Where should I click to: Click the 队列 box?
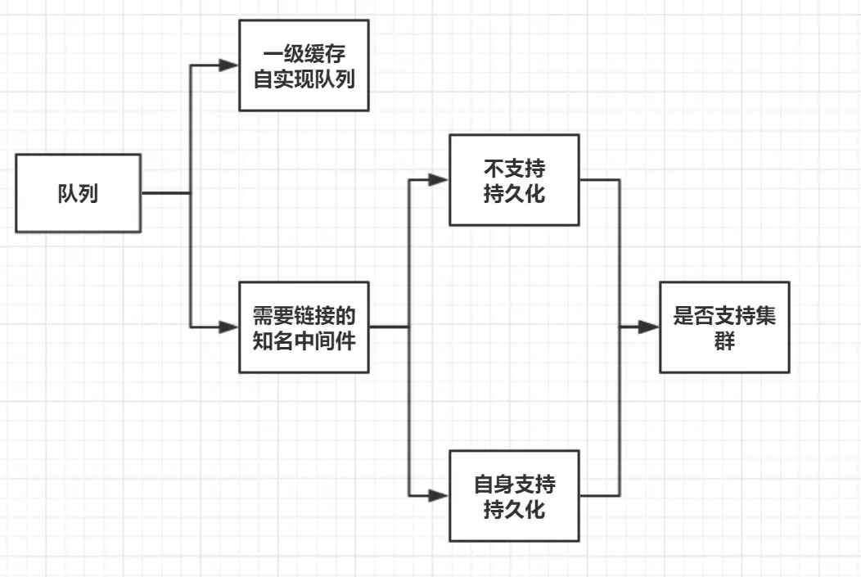(78, 193)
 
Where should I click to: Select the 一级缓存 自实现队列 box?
(303, 65)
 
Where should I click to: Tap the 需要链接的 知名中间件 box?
(303, 327)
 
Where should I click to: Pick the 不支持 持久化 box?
(514, 180)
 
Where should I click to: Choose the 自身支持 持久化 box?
(514, 495)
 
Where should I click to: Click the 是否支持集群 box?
(724, 327)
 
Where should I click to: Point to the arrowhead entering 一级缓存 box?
(228, 65)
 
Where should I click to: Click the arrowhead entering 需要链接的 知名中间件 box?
(228, 327)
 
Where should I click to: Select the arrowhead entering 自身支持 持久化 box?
(440, 495)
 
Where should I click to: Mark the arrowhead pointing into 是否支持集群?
(650, 327)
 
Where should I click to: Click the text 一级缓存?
(303, 55)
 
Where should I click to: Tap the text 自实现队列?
(303, 79)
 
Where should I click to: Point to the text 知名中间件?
(303, 340)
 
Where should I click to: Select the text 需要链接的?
(303, 315)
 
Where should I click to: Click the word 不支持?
(514, 169)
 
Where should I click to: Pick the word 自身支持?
(514, 484)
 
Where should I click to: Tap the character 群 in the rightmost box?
(724, 340)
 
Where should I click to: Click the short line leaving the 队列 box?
(165, 193)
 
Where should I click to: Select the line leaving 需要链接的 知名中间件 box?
(389, 327)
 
